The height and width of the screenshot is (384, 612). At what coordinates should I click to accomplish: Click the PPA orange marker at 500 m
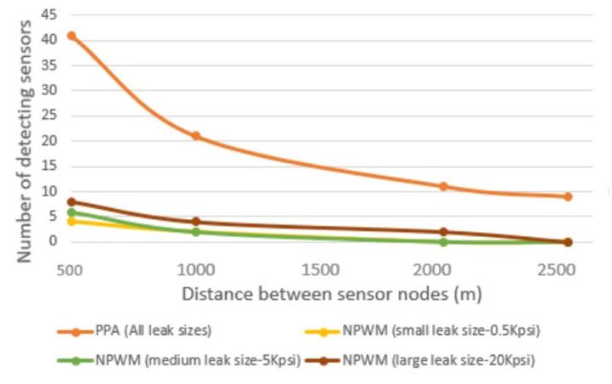coord(72,36)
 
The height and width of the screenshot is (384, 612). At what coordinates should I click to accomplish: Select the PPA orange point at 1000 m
coord(196,136)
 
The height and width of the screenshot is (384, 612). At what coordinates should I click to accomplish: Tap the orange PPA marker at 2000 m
coord(444,186)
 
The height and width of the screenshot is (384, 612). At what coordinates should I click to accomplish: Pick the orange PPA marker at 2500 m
coord(568,196)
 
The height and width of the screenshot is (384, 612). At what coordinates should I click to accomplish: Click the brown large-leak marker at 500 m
coord(72,201)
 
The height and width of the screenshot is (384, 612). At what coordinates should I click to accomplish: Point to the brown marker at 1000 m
coord(196,222)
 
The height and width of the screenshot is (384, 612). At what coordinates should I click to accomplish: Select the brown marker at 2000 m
coord(444,232)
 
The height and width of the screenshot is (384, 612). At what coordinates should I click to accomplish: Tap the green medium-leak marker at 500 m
coord(72,212)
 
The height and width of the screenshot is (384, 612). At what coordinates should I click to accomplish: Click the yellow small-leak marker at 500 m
coord(72,222)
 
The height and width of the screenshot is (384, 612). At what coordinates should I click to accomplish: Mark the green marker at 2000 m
coord(444,242)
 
